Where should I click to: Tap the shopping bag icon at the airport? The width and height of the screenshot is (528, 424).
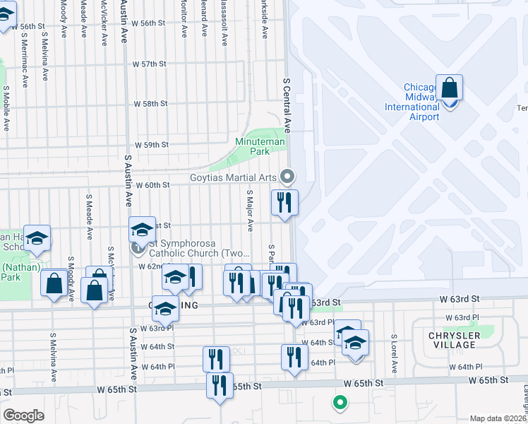pos(449,89)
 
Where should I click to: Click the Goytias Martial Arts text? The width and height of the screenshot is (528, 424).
pos(233,177)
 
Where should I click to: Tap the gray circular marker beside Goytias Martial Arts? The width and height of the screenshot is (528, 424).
pos(287,176)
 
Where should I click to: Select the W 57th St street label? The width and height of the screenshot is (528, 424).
pos(150,64)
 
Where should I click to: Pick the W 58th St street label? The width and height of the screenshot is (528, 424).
pos(150,103)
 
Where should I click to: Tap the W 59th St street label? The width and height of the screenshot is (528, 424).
pos(152,144)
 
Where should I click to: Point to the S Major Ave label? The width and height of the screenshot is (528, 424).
pos(249,210)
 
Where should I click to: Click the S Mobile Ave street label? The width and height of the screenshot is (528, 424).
pos(6,108)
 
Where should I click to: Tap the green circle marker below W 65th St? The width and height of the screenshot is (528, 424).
pos(340,403)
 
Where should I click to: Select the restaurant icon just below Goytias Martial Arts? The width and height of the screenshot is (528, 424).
pos(285,203)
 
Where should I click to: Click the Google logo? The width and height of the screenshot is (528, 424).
pos(23,416)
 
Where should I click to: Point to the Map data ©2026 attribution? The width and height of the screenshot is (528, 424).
pos(498,418)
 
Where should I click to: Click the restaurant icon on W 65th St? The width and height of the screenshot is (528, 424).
pos(220,386)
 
